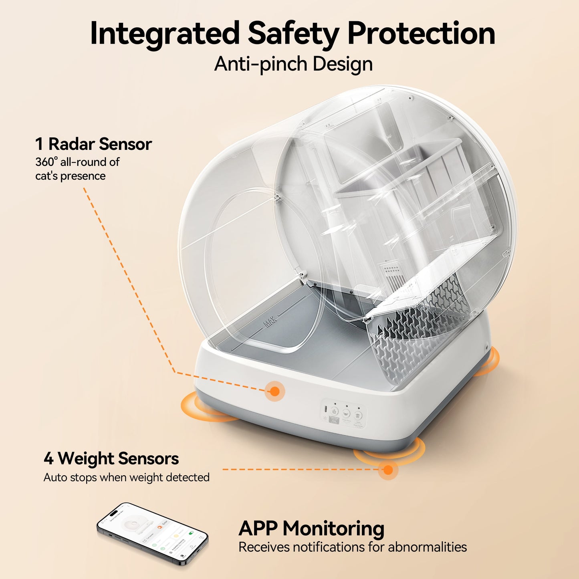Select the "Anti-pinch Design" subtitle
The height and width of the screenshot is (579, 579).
point(293,64)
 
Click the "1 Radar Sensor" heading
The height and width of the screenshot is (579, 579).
point(93,144)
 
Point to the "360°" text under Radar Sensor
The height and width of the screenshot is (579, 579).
point(46,162)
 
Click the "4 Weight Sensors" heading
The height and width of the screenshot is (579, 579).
point(111,458)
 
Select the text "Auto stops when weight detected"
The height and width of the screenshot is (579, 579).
point(126,478)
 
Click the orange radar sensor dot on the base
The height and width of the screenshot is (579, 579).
point(274,391)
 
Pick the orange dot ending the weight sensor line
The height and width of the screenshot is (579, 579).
point(387,470)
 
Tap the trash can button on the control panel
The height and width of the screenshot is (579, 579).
point(358,416)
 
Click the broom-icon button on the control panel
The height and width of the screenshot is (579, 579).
point(335,411)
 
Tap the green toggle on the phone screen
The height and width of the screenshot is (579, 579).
point(191,534)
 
